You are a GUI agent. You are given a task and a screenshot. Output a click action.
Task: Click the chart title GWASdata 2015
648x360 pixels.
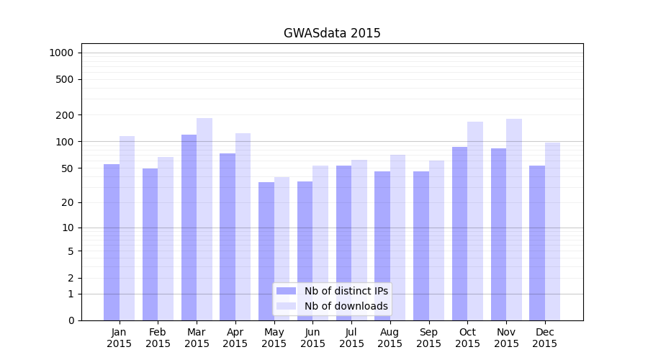(x=332, y=33)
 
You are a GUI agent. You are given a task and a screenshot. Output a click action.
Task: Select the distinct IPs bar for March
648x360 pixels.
(x=189, y=227)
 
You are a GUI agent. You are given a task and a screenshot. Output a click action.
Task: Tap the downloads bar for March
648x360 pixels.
(x=204, y=219)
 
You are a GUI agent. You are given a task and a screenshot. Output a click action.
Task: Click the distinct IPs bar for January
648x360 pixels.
(x=112, y=242)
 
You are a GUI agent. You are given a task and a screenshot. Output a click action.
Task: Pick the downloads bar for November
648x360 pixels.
(x=514, y=220)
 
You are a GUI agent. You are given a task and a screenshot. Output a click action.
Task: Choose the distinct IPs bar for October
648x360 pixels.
(x=460, y=233)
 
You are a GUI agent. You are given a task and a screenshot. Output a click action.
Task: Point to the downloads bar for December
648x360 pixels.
(x=553, y=231)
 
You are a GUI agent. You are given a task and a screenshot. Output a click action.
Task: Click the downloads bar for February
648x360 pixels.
(x=166, y=238)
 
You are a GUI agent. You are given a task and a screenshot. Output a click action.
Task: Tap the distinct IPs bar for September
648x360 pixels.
(x=421, y=246)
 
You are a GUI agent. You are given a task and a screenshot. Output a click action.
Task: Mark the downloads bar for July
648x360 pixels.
(x=359, y=240)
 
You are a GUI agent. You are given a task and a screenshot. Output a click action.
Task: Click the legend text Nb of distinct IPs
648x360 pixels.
(x=346, y=291)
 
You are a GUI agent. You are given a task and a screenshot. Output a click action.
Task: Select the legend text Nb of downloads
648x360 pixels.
(x=346, y=306)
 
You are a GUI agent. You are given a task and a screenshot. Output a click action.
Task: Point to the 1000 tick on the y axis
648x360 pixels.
(x=61, y=53)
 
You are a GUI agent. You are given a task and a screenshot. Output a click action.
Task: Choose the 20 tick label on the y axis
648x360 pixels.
(x=68, y=202)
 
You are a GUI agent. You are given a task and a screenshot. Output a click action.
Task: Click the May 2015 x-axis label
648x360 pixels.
(x=274, y=338)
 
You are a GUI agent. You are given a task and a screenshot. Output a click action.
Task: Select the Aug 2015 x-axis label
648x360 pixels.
(x=390, y=338)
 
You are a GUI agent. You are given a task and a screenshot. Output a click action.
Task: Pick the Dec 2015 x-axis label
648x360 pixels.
(x=545, y=338)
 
